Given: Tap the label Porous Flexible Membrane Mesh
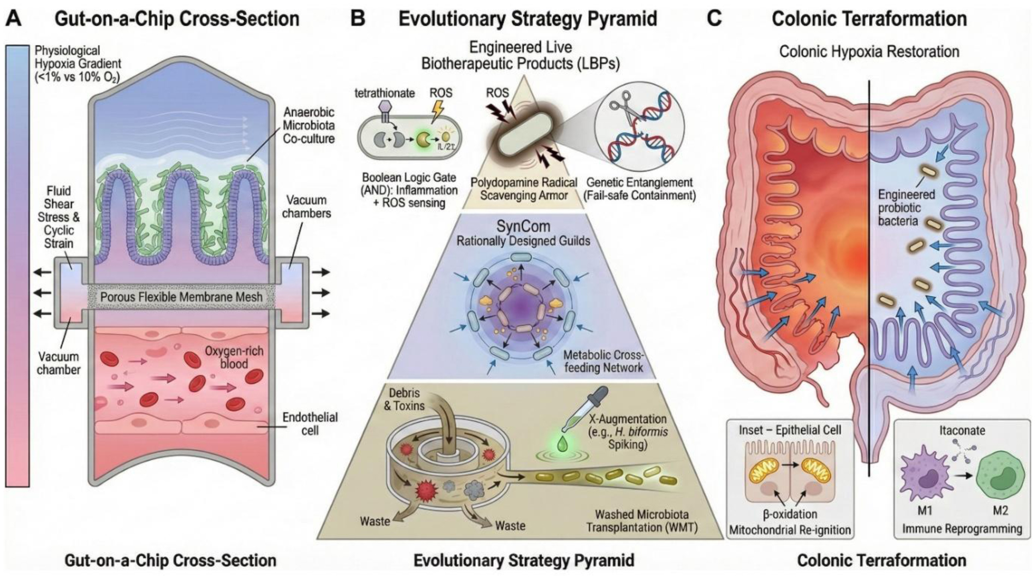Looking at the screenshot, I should coord(181,297).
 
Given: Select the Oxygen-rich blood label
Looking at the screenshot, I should coord(234,357).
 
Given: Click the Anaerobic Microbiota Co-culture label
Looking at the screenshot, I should coord(308,126).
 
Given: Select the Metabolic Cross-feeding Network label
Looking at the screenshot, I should coord(603,361).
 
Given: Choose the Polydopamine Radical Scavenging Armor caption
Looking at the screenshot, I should coord(523,188).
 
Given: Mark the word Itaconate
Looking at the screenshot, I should coord(962,430).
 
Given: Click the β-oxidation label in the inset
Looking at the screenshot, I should coord(790,514).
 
